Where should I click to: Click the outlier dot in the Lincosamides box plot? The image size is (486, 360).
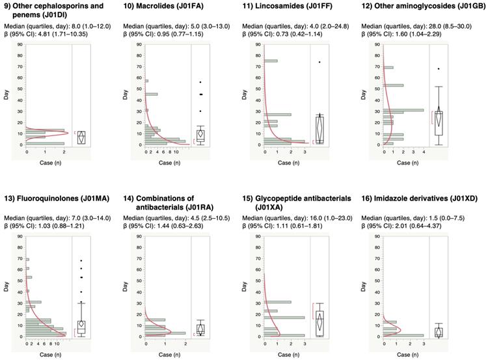coord(319,62)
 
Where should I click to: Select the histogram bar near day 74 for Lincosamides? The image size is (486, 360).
coord(271,61)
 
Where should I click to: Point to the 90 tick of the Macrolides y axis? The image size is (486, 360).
coord(137,45)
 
